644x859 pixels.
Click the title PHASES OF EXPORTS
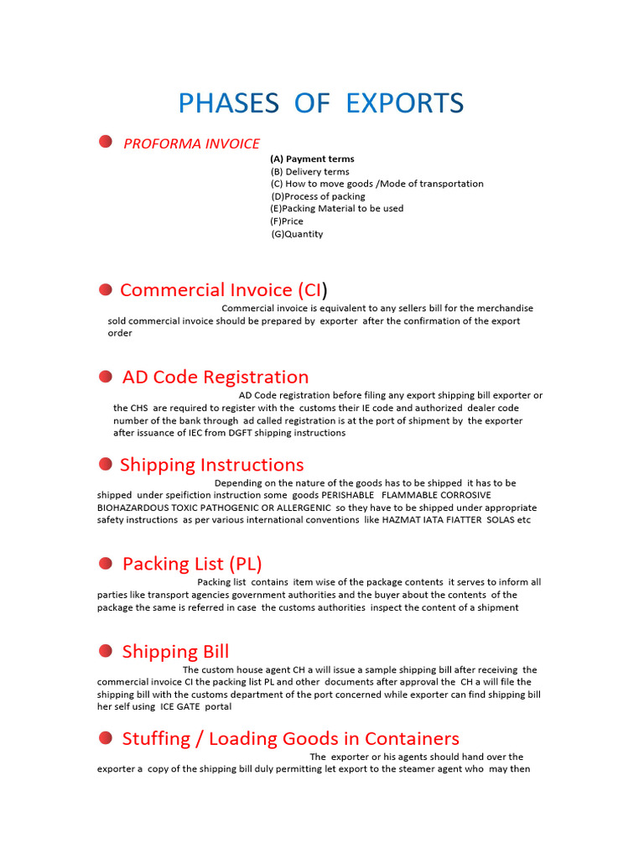[321, 103]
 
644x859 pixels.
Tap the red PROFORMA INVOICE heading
[191, 143]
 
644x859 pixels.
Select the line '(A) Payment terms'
[312, 159]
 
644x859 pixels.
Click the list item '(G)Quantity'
[297, 234]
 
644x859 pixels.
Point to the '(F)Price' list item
[287, 221]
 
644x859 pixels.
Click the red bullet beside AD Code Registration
[106, 377]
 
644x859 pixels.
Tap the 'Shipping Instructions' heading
[211, 465]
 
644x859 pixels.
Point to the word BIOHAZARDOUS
[135, 508]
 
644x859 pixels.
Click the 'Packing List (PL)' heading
[192, 563]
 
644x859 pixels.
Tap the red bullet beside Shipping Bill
[106, 651]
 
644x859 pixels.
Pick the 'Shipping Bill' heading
[175, 651]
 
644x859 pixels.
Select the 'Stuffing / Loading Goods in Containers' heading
[290, 738]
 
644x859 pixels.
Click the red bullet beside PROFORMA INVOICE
[106, 142]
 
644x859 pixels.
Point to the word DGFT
[238, 433]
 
